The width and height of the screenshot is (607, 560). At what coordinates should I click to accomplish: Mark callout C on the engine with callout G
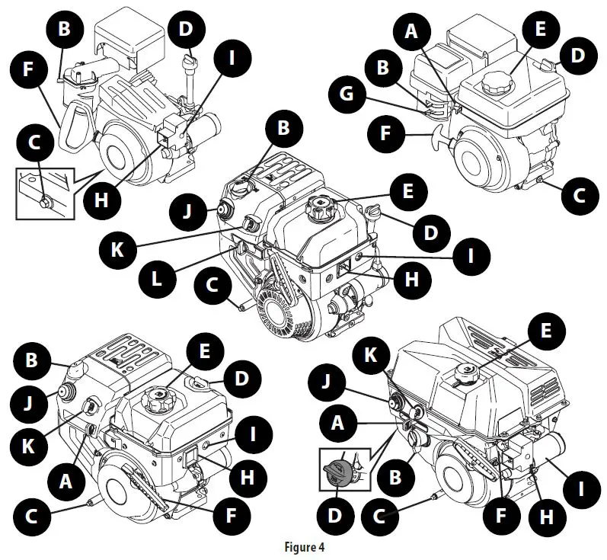tap(580, 194)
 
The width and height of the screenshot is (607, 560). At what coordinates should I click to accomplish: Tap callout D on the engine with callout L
tap(430, 233)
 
